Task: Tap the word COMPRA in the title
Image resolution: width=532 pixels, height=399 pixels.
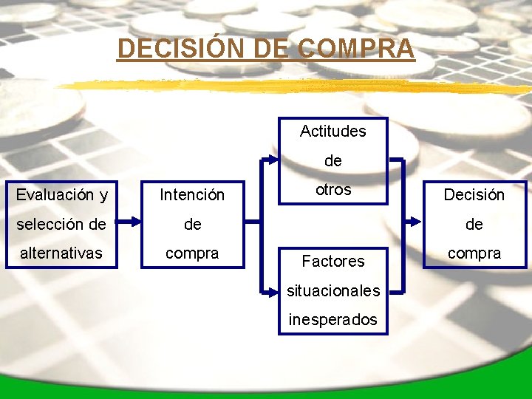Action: click(x=357, y=49)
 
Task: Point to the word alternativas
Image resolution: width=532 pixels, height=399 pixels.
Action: click(x=61, y=253)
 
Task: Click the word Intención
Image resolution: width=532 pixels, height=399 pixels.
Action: click(x=192, y=195)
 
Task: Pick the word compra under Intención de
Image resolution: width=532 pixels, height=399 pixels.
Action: click(x=192, y=253)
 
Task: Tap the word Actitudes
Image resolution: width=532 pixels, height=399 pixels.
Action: click(x=332, y=132)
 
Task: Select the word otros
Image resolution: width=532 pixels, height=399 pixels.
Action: click(x=333, y=189)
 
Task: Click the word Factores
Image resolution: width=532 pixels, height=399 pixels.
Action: click(x=333, y=261)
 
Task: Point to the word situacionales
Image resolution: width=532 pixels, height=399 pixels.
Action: click(x=333, y=290)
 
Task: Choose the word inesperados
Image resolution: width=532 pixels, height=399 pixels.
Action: click(x=333, y=320)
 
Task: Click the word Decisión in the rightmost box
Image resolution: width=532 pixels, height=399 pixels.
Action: click(x=474, y=195)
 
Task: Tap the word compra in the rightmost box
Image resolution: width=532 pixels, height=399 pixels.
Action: click(x=474, y=253)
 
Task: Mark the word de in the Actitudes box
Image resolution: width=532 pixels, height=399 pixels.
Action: click(x=333, y=161)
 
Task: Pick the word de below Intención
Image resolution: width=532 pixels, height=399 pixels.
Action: click(x=192, y=224)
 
